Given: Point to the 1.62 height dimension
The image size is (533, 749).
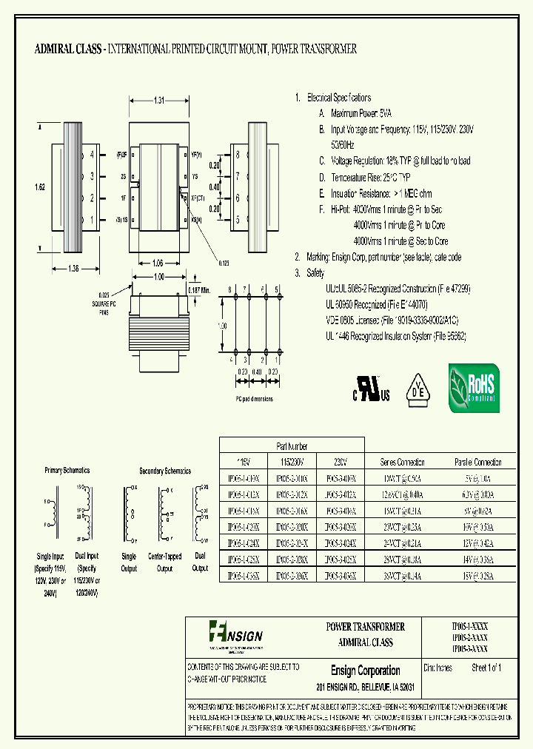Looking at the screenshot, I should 40,188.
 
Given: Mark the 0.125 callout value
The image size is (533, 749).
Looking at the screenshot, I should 224,262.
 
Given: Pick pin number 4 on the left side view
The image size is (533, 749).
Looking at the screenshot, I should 92,155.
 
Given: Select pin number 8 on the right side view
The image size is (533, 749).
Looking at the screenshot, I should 237,155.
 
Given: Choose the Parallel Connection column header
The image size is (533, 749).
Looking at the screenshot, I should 477,461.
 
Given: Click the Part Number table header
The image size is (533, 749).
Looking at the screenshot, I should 292,446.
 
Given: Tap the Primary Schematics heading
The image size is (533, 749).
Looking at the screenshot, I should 67,470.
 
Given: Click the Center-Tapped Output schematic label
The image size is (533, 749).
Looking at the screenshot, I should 165,562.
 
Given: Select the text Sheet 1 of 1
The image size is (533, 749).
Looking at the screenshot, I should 486,668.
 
